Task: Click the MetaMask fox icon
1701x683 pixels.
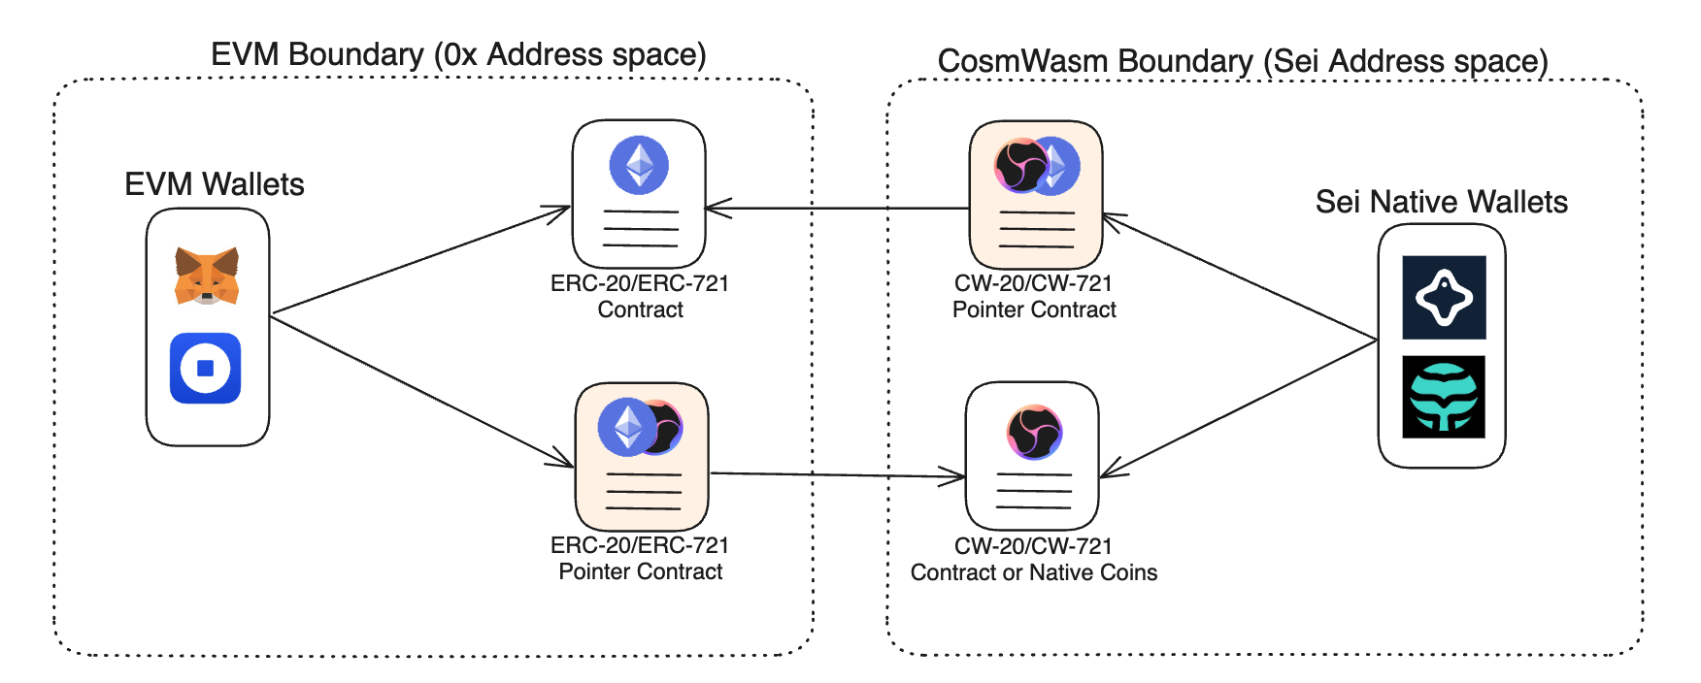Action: (x=207, y=276)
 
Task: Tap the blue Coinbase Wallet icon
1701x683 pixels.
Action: (x=205, y=368)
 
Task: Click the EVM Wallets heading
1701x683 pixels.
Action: (x=214, y=184)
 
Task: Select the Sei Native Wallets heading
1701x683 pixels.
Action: (x=1441, y=202)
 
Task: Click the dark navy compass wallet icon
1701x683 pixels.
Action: (x=1444, y=297)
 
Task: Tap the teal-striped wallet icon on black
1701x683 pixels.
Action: (x=1444, y=397)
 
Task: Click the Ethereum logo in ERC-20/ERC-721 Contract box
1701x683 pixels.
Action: (x=639, y=165)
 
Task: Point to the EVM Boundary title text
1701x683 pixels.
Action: (x=458, y=54)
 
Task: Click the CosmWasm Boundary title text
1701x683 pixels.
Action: (x=1242, y=61)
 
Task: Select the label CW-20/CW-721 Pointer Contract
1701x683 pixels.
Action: (x=1033, y=297)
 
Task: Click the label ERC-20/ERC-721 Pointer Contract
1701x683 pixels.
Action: (x=640, y=559)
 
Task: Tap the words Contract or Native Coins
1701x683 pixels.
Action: (x=1033, y=572)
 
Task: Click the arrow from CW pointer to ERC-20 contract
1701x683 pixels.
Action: (x=835, y=208)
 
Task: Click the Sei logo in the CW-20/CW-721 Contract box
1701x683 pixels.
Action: (x=1034, y=432)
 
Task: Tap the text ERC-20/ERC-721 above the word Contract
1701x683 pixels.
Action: (x=639, y=283)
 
